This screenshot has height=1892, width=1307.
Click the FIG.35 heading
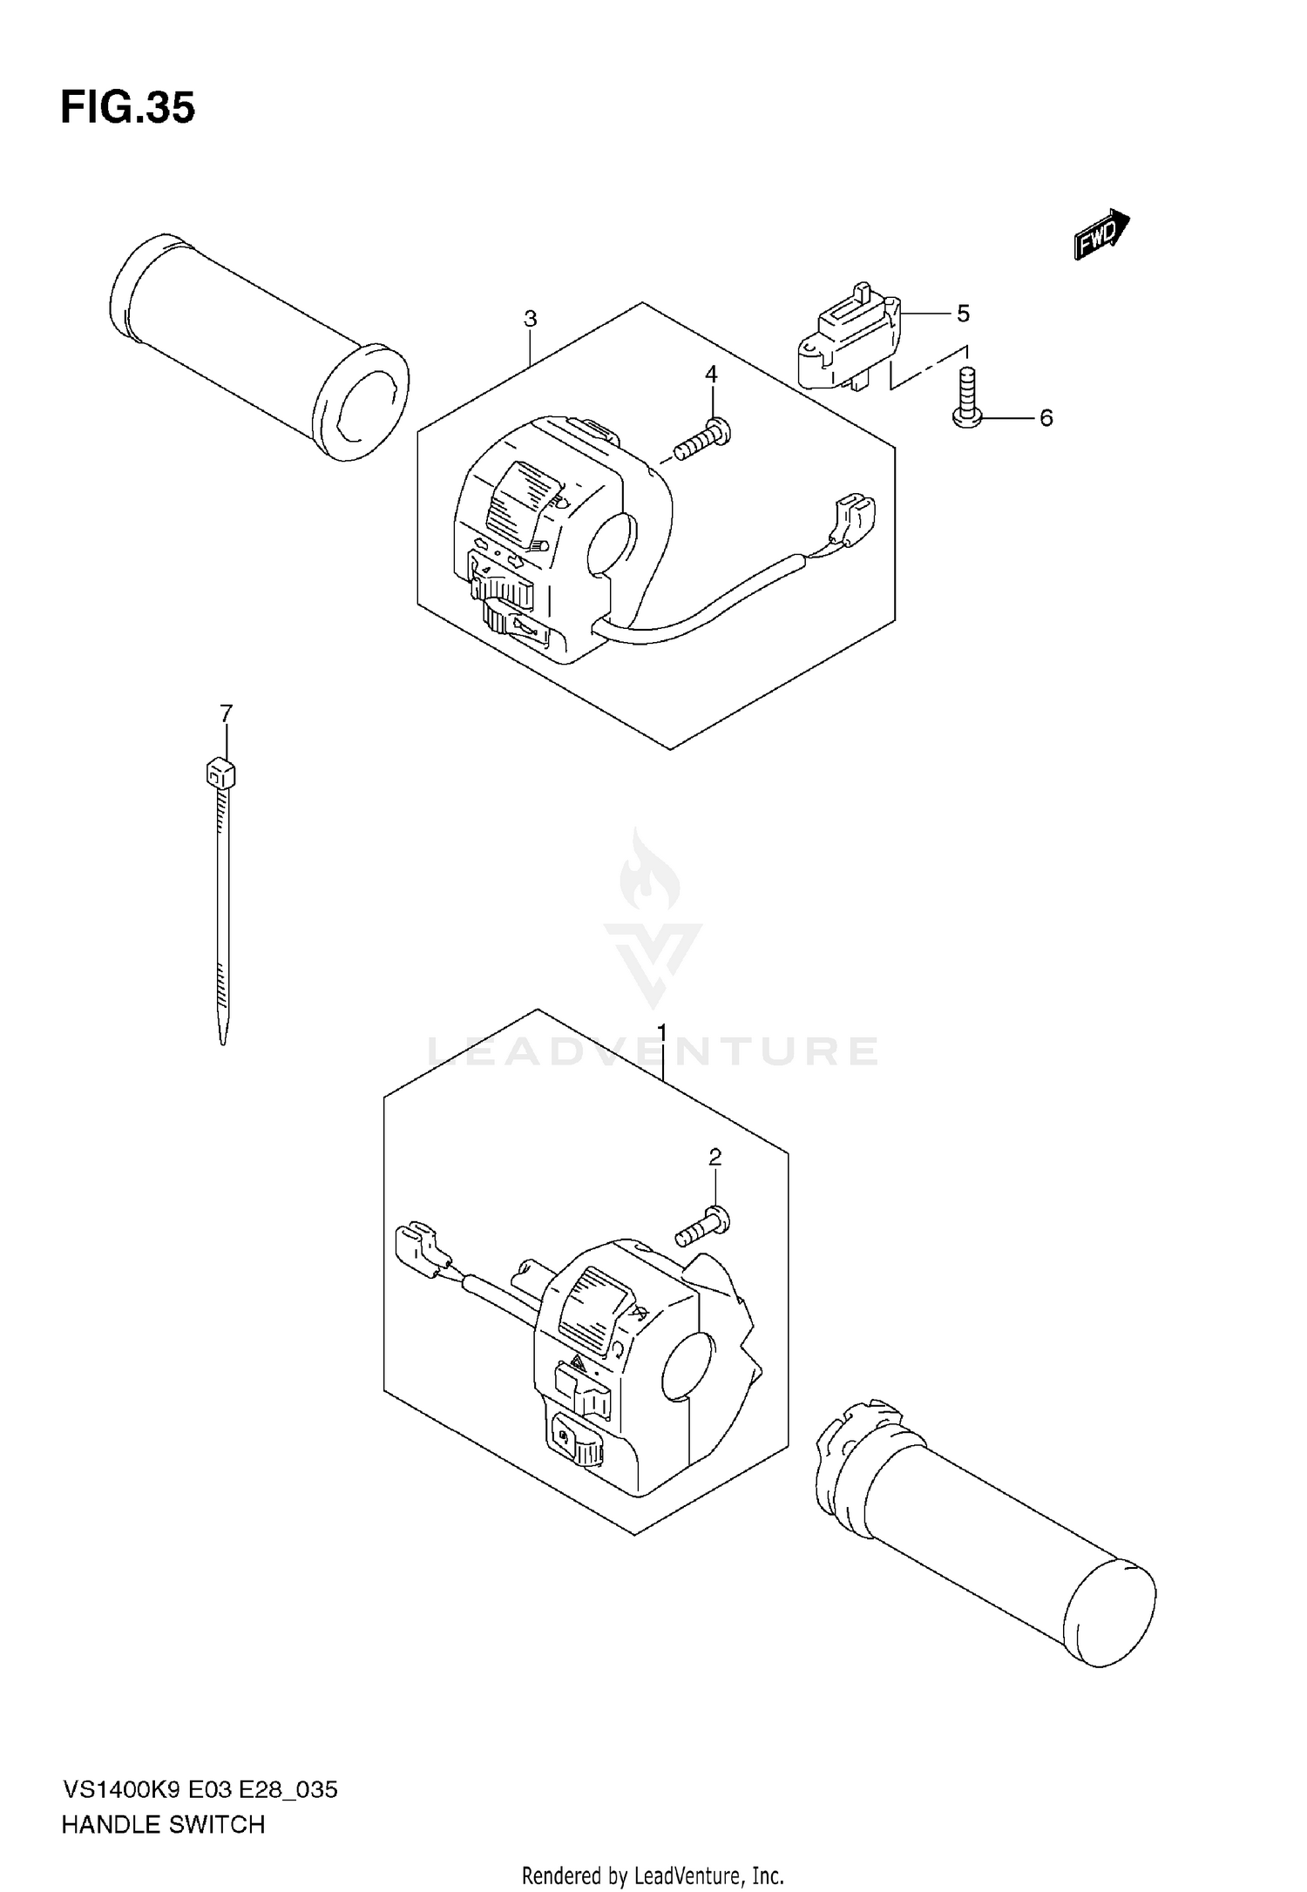(127, 109)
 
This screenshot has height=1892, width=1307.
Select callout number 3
(530, 319)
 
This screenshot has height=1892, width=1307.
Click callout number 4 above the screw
(711, 375)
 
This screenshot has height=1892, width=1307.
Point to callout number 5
(963, 314)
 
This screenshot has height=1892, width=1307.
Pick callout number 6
(1046, 418)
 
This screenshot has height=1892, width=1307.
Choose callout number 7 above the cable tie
(227, 714)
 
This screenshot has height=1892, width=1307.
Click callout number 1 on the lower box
(662, 1033)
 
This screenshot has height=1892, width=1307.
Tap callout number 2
(714, 1158)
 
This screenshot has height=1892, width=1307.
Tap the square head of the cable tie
(221, 773)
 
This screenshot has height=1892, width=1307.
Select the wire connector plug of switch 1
(420, 1247)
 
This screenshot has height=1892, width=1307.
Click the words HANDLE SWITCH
(163, 1825)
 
